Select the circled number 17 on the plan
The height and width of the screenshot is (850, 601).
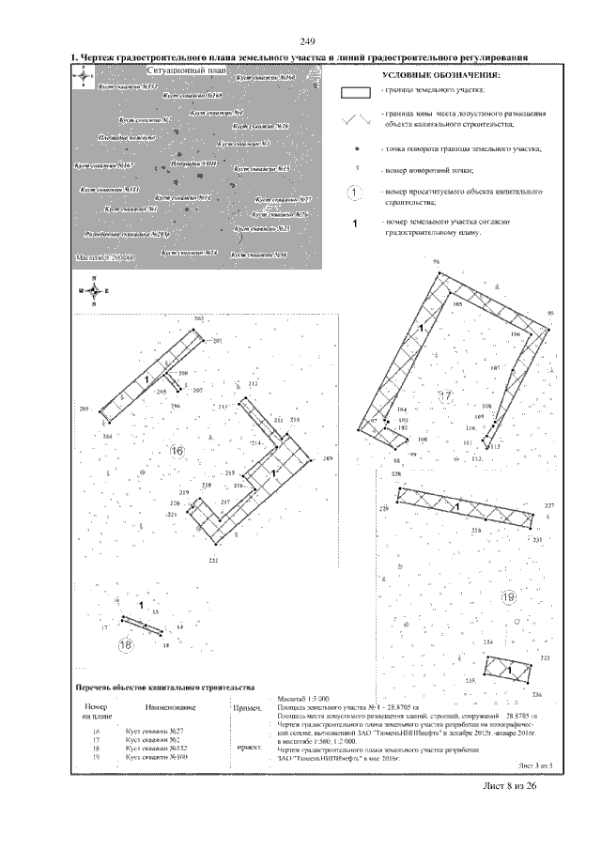coord(445,397)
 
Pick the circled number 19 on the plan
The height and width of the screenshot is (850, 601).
coord(508,597)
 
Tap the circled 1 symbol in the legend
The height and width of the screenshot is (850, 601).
coord(354,193)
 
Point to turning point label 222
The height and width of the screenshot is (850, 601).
coord(213,561)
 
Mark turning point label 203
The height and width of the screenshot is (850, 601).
coord(84,410)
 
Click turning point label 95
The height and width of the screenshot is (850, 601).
coord(550,312)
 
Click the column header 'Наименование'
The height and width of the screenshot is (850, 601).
coord(169,707)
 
